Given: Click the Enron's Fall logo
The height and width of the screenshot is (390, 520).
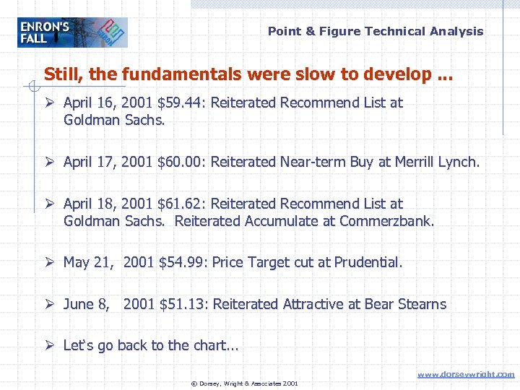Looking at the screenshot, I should (72, 32).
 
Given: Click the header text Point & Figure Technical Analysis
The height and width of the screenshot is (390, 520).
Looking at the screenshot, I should (376, 31).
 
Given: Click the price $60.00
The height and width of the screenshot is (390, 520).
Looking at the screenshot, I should (179, 162).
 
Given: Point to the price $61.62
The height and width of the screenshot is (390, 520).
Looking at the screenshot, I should (179, 204).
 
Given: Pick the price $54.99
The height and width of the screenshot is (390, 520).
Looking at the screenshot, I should (181, 262).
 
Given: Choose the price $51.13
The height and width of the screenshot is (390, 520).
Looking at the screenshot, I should (181, 304).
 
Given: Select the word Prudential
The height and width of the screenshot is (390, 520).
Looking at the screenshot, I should (366, 262).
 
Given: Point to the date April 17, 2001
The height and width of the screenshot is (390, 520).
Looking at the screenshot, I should (108, 162).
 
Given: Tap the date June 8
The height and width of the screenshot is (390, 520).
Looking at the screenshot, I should (87, 304).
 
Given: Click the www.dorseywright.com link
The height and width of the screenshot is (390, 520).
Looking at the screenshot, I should (466, 374).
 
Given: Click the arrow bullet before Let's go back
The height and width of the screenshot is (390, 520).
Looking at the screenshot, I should (50, 345).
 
